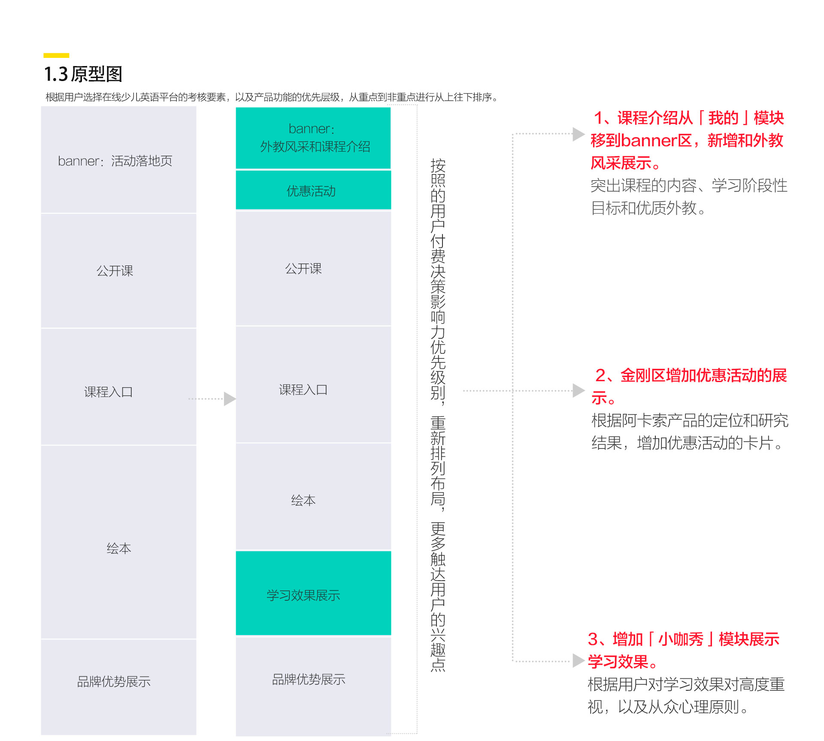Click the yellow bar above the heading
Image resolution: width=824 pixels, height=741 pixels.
pyautogui.click(x=56, y=55)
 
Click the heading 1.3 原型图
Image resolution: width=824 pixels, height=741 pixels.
pyautogui.click(x=83, y=74)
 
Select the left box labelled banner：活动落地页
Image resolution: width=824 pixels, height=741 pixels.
pyautogui.click(x=118, y=160)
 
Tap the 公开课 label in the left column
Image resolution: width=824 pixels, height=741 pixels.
pyautogui.click(x=115, y=271)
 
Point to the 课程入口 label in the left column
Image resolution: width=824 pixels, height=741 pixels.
pyautogui.click(x=108, y=392)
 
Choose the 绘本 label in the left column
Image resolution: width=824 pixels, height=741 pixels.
pyautogui.click(x=119, y=548)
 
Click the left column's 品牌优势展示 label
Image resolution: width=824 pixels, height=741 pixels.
pyautogui.click(x=114, y=681)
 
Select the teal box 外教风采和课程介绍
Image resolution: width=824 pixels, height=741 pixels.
pyautogui.click(x=313, y=138)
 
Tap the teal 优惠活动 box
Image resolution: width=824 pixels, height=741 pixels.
pyautogui.click(x=313, y=190)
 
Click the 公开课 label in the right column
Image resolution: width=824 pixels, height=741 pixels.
pyautogui.click(x=303, y=268)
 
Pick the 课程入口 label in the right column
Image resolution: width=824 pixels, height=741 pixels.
pyautogui.click(x=303, y=389)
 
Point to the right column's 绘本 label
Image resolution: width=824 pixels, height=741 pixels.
pyautogui.click(x=303, y=500)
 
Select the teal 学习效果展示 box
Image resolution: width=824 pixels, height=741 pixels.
pyautogui.click(x=313, y=593)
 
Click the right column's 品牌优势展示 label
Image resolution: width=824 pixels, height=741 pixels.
pyautogui.click(x=309, y=679)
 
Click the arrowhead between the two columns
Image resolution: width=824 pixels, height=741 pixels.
pyautogui.click(x=230, y=399)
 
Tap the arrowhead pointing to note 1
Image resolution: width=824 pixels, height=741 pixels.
pyautogui.click(x=579, y=134)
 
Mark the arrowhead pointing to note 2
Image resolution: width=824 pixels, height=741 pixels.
pyautogui.click(x=579, y=391)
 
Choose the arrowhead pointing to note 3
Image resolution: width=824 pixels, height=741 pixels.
pyautogui.click(x=579, y=661)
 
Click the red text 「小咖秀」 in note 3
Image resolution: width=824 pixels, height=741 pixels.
pyautogui.click(x=681, y=639)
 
